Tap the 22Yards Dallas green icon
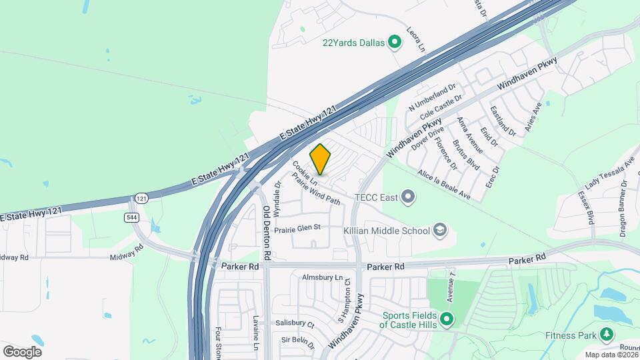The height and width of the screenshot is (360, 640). click(x=395, y=43)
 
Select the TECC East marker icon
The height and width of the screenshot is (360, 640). click(x=409, y=197)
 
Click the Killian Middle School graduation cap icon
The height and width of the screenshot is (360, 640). click(x=439, y=231)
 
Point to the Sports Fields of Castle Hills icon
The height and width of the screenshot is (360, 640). click(x=447, y=320)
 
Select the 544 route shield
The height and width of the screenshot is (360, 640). click(x=131, y=217)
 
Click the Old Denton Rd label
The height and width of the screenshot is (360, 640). click(x=266, y=232)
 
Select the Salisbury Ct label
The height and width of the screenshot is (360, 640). click(x=295, y=323)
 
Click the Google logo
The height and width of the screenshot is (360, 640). click(x=22, y=351)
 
